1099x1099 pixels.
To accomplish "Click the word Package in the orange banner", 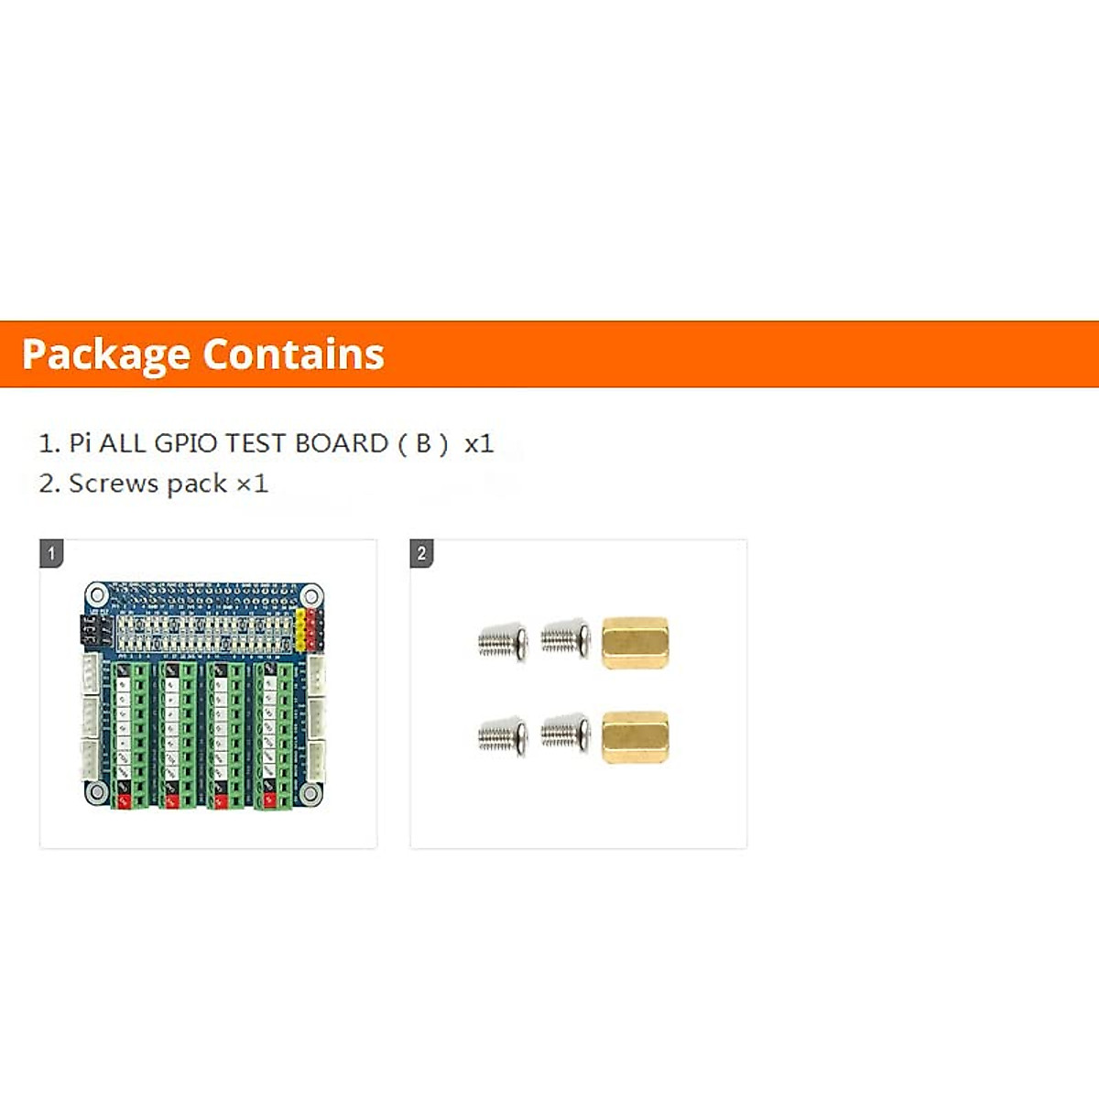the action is click(105, 355).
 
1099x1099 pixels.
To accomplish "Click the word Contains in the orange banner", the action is click(293, 354).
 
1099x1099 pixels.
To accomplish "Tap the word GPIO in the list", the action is click(186, 443).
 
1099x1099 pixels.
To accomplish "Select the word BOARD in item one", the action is click(342, 443).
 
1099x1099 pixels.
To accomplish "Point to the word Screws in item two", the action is click(114, 484).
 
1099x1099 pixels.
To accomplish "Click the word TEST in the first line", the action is click(256, 443).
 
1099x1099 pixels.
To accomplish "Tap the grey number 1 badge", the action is click(51, 553).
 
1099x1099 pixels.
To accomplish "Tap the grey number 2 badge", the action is click(421, 553).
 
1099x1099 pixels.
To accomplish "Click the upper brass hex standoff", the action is click(635, 642).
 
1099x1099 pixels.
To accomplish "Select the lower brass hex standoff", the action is click(635, 737).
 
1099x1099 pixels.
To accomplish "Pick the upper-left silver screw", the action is click(503, 642).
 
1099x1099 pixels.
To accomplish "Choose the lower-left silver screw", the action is click(503, 736).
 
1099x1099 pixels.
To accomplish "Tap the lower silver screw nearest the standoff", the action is click(565, 734).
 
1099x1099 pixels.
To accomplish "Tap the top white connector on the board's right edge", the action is click(316, 674).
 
